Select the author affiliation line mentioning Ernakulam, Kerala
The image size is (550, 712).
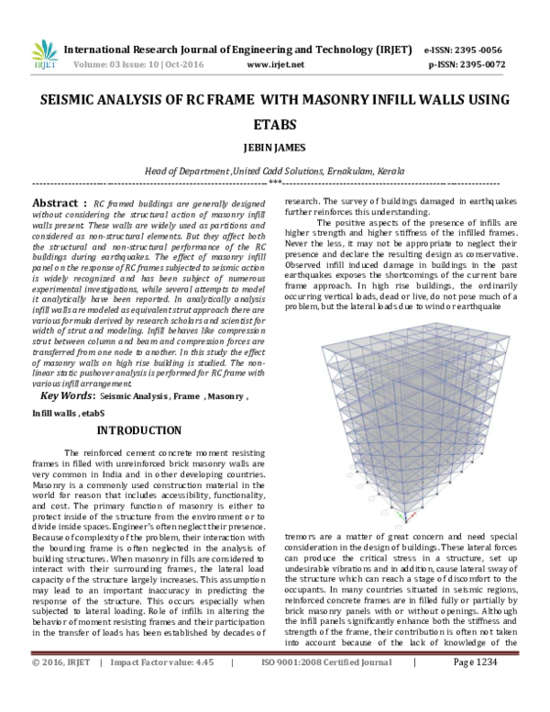pyautogui.click(x=275, y=172)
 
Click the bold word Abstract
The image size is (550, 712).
pyautogui.click(x=55, y=202)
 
